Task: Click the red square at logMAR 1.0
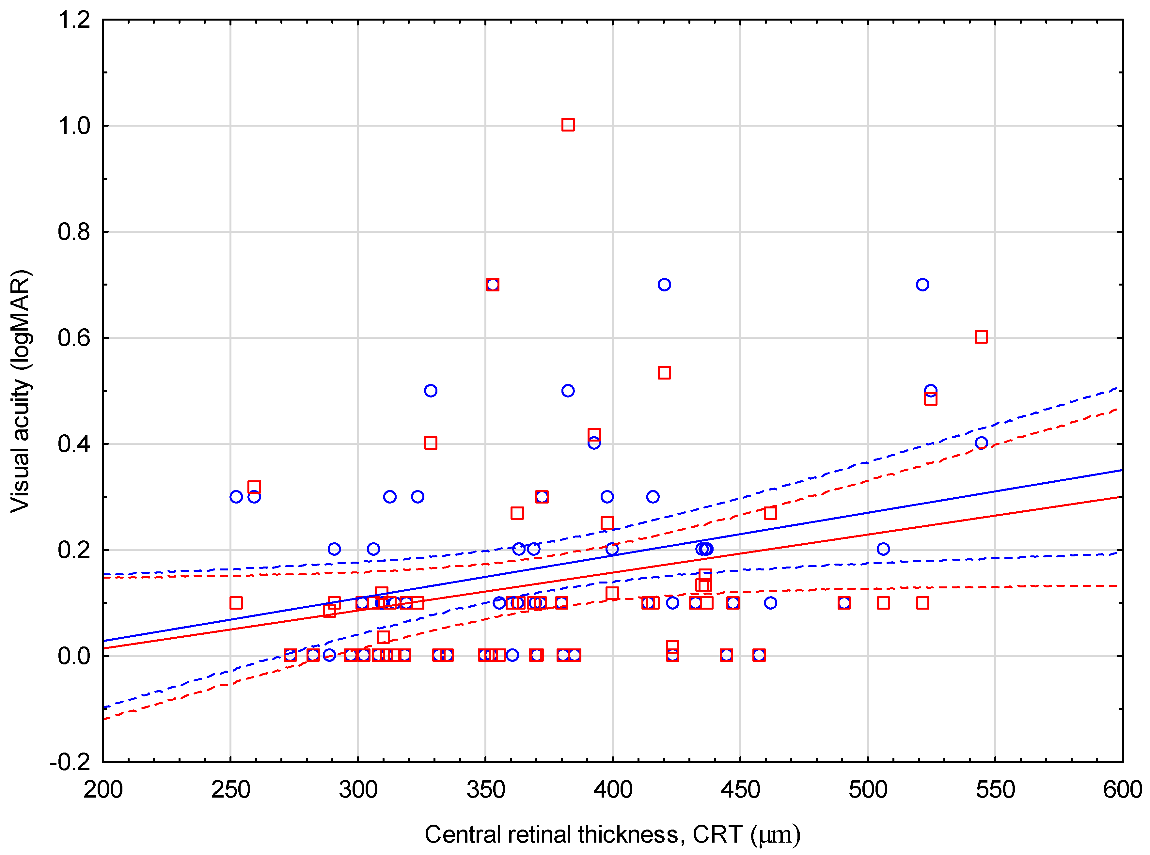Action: (568, 125)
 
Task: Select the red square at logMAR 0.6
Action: (981, 337)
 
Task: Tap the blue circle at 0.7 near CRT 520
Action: (922, 285)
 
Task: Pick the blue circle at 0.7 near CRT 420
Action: (664, 285)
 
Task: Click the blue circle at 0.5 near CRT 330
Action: (431, 391)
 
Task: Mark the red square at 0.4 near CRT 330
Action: (431, 443)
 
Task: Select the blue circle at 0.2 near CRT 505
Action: (883, 549)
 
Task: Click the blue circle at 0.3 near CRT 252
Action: (236, 497)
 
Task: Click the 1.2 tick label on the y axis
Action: (74, 21)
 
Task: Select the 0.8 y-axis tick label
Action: (74, 232)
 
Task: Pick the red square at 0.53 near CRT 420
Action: (664, 373)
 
